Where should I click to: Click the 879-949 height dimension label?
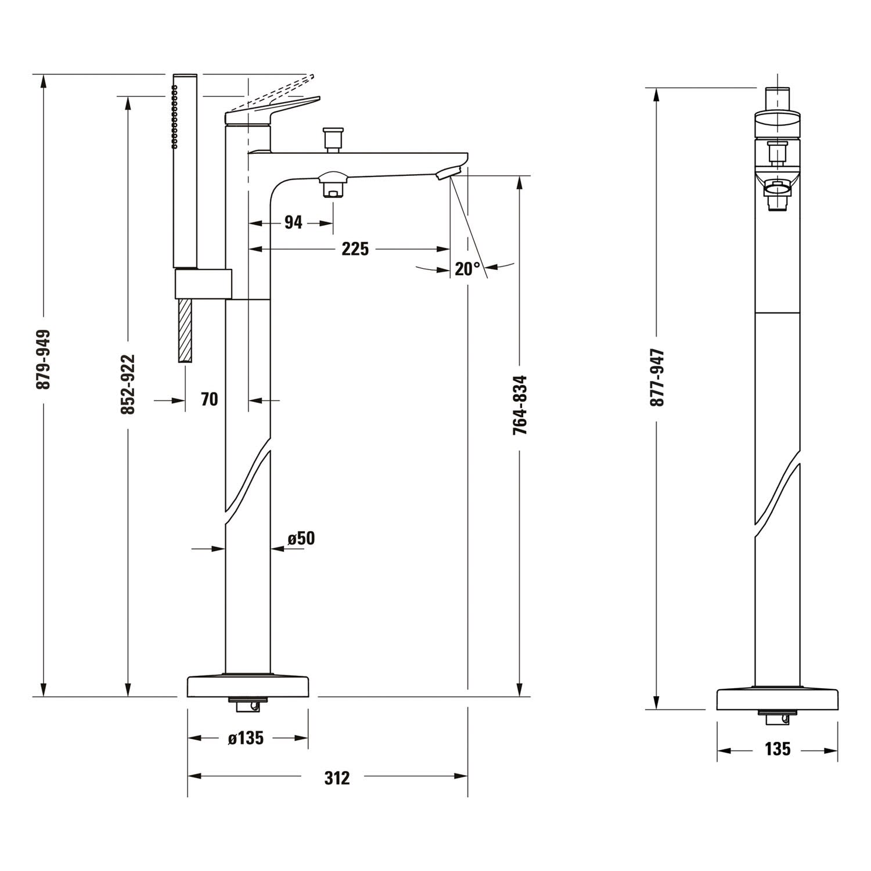coord(44,359)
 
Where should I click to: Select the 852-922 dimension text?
coord(128,384)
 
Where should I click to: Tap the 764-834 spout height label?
coord(520,405)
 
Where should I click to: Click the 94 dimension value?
coord(293,222)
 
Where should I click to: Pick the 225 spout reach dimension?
coord(355,249)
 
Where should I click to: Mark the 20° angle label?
coord(467,268)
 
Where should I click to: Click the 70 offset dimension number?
coord(209,399)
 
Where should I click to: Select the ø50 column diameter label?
coord(301,538)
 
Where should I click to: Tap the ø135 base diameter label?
coord(246,738)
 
